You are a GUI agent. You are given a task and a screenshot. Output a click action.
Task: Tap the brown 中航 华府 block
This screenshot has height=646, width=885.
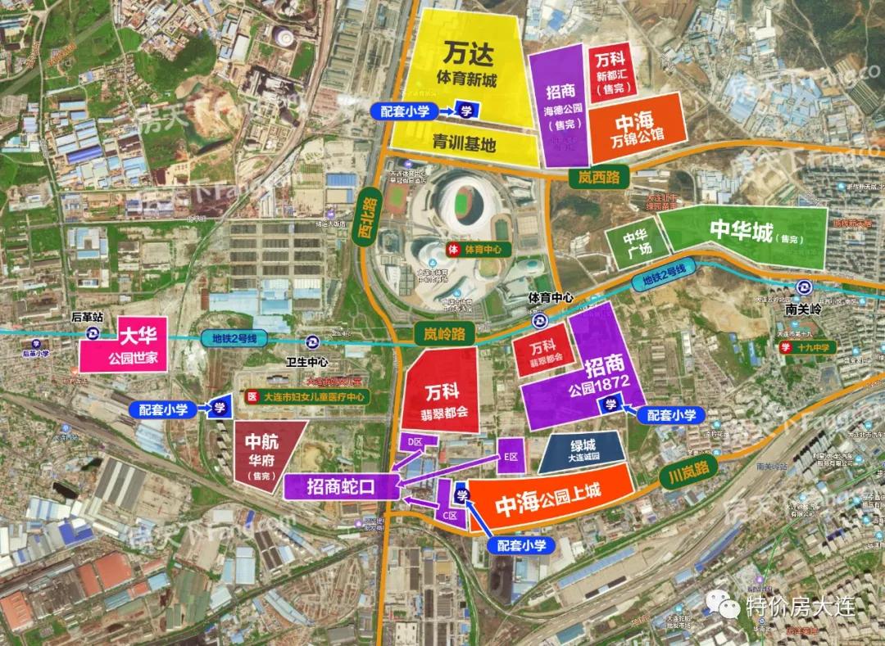click(264, 449)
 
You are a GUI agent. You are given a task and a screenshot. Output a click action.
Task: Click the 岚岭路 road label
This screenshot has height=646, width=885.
click(439, 333)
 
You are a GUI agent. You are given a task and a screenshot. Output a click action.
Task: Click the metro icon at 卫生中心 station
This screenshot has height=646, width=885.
click(311, 341)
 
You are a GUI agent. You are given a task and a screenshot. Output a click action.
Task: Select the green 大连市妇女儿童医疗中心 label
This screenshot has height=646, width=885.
click(307, 396)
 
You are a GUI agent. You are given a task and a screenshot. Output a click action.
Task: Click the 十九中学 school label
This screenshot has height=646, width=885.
click(806, 347)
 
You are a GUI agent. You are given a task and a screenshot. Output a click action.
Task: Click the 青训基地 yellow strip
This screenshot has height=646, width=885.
click(465, 144)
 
